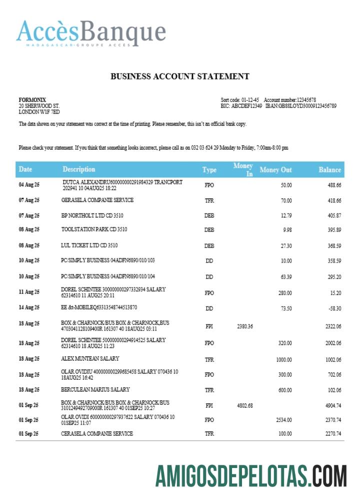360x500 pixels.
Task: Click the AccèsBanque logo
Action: click(x=91, y=32)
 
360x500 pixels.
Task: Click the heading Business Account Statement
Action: click(x=179, y=76)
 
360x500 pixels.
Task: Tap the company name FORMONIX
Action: click(x=32, y=100)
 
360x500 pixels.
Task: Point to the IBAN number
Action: click(x=307, y=106)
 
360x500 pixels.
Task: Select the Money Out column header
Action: click(x=275, y=170)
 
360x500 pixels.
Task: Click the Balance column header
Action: click(x=329, y=170)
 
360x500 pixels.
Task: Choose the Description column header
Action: click(x=78, y=169)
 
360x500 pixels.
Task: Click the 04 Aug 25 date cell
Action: click(x=29, y=185)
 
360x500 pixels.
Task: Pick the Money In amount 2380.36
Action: click(x=244, y=326)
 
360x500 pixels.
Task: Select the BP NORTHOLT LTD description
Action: click(x=92, y=215)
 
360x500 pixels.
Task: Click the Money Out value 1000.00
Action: click(x=284, y=359)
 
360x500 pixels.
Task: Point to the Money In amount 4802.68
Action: click(x=244, y=405)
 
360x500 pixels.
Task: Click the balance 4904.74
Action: click(x=331, y=405)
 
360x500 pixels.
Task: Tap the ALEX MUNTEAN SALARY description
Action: click(x=88, y=359)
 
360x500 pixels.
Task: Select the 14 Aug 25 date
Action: click(x=29, y=308)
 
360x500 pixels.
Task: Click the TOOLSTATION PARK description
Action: click(x=94, y=229)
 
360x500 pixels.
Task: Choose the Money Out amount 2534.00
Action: click(x=283, y=420)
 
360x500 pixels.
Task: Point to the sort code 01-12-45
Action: click(x=251, y=100)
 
